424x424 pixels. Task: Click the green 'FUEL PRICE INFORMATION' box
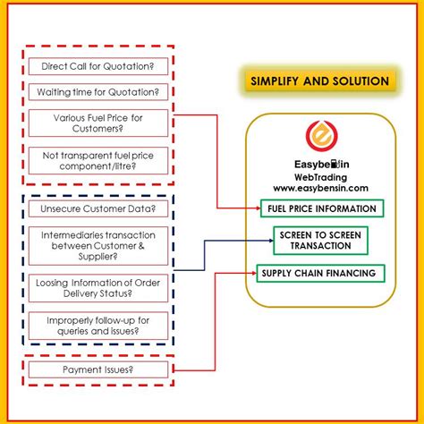coord(318,209)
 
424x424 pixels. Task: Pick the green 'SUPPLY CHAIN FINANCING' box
coord(318,272)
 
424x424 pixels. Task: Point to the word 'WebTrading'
coord(318,178)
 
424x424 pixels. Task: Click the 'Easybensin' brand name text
coord(318,165)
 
